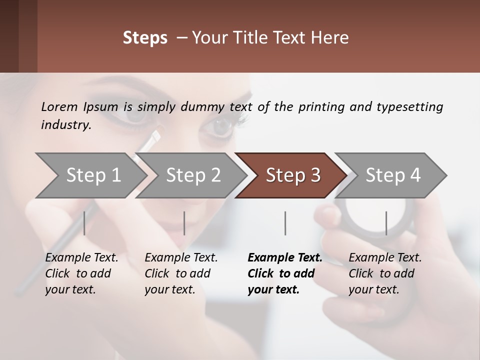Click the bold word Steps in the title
tap(145, 38)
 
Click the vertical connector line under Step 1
tap(84, 223)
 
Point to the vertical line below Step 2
tap(184, 223)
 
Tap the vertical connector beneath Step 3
tap(285, 223)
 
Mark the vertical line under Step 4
tap(386, 223)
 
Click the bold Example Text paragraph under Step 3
tap(284, 273)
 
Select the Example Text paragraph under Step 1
tap(81, 273)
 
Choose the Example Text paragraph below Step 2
tap(180, 273)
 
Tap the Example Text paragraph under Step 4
tap(384, 273)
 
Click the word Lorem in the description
tap(59, 107)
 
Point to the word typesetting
tap(409, 107)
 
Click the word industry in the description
tap(65, 125)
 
